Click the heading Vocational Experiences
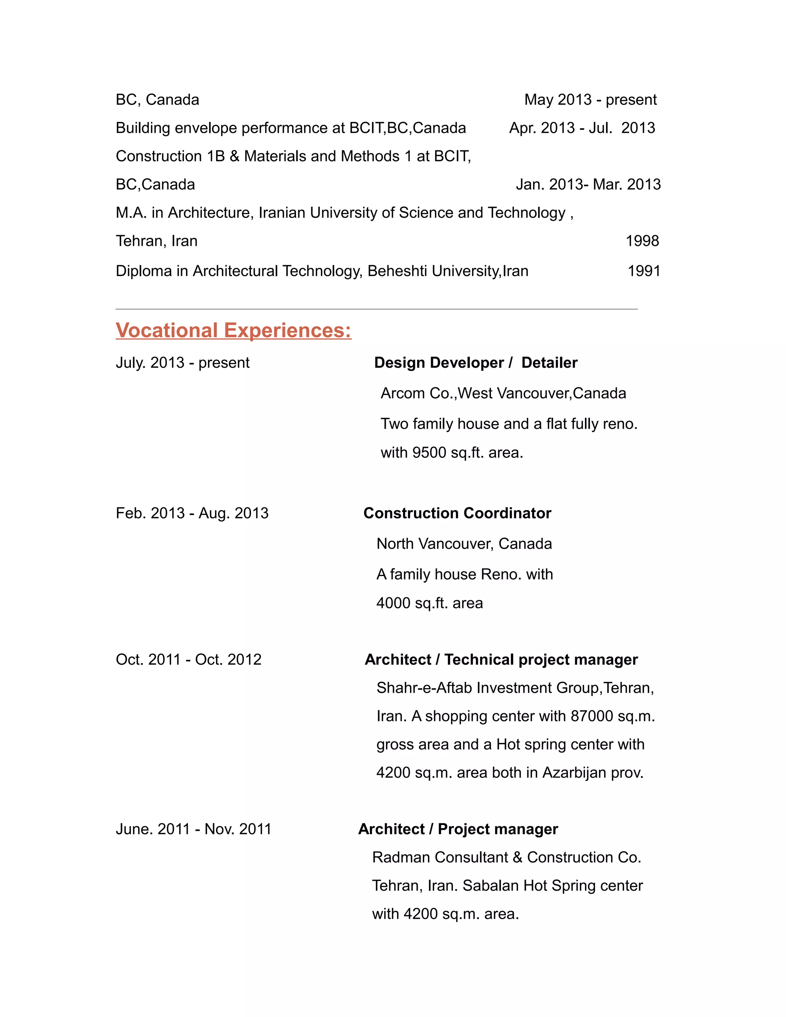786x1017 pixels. click(233, 330)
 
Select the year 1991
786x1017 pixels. click(644, 271)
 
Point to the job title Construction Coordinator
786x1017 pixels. click(457, 513)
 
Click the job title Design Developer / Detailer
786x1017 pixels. click(476, 362)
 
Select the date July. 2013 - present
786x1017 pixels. click(183, 362)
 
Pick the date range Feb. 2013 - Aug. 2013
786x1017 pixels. click(192, 513)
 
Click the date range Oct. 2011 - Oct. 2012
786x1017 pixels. click(188, 659)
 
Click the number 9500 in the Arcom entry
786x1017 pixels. click(429, 452)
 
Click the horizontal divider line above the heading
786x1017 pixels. click(376, 309)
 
